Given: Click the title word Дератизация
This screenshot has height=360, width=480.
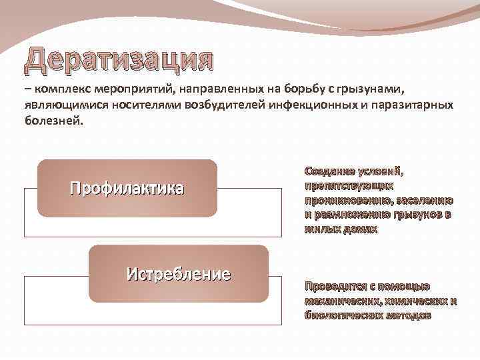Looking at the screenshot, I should [120, 61].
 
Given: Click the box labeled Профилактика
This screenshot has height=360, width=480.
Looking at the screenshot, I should [127, 189].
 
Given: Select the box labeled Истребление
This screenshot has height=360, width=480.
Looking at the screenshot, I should [178, 273].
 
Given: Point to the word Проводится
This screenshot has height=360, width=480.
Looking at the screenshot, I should [335, 287].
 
